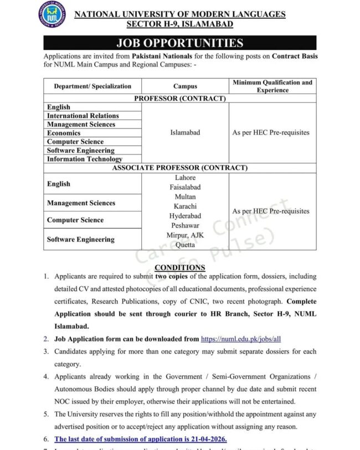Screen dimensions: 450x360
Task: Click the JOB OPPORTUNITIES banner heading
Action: click(x=179, y=43)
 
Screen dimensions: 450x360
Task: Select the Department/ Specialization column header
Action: click(x=92, y=86)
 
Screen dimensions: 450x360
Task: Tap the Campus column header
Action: click(x=185, y=86)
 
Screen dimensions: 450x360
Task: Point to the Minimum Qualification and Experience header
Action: click(x=272, y=86)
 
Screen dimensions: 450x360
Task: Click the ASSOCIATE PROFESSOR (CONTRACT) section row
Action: click(x=180, y=168)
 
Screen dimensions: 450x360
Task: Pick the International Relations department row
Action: click(x=83, y=116)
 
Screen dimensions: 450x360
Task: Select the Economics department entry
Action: click(x=64, y=133)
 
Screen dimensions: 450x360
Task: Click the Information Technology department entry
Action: click(x=85, y=159)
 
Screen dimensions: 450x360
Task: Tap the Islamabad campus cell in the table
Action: click(x=185, y=133)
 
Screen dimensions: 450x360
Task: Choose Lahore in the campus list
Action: click(x=185, y=178)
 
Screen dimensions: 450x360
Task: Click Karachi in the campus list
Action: click(x=185, y=206)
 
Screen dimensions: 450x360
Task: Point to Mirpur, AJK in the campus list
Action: click(x=185, y=235)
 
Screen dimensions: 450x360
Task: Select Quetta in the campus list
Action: click(x=185, y=245)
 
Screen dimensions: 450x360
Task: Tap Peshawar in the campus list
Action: click(x=185, y=226)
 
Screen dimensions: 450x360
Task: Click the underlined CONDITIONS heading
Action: click(x=180, y=267)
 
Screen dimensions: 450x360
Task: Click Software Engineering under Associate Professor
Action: click(x=81, y=240)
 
